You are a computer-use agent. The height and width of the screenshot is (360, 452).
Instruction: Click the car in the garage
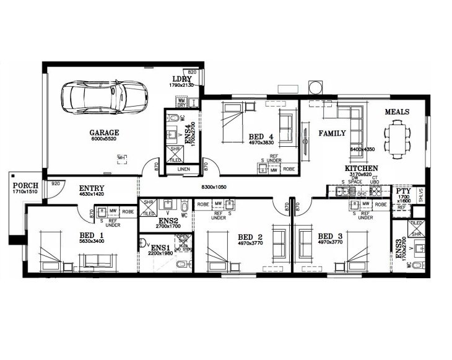[103, 96]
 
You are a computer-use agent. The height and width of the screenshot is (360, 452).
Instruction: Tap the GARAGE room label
[104, 132]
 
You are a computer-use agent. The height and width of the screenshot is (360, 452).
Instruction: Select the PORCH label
[24, 185]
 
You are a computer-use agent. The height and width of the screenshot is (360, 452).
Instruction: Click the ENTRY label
[91, 188]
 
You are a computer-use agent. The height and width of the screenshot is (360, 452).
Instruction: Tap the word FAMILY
[332, 133]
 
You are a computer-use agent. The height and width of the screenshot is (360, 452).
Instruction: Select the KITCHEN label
[362, 169]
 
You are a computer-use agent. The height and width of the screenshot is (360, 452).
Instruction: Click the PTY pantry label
[403, 192]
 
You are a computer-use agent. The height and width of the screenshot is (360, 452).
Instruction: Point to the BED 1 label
[91, 235]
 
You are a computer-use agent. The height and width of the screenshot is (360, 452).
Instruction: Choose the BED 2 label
[251, 236]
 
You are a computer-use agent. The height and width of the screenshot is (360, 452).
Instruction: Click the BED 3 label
[330, 236]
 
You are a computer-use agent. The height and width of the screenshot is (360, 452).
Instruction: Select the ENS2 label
[168, 221]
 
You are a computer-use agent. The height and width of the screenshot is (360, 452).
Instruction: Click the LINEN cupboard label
[183, 169]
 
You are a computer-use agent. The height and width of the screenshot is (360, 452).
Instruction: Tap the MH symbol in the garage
[122, 159]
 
